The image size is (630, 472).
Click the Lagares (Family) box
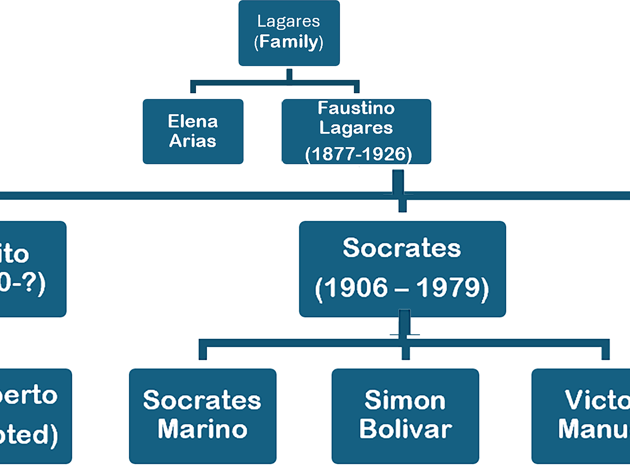pyautogui.click(x=289, y=33)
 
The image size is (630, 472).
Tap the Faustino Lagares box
pyautogui.click(x=356, y=131)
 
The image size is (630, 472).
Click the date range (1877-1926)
pyautogui.click(x=358, y=154)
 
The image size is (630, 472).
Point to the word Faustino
pyautogui.click(x=356, y=108)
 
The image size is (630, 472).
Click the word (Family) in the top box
pyautogui.click(x=288, y=42)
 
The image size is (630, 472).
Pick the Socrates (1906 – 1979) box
pyautogui.click(x=402, y=269)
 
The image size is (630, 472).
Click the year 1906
pyautogui.click(x=356, y=288)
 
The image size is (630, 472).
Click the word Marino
pyautogui.click(x=203, y=429)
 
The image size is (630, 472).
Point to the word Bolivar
pyautogui.click(x=406, y=429)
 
